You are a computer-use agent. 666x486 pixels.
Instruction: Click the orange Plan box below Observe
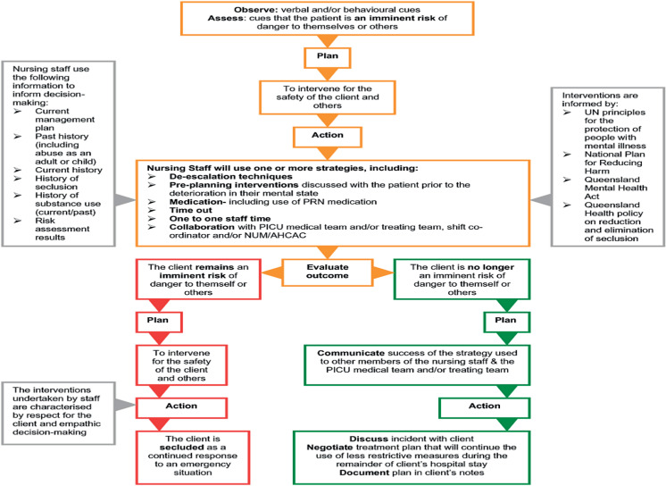[327, 57]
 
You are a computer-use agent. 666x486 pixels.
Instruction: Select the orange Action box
[327, 137]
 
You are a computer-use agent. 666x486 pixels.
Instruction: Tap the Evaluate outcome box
[328, 272]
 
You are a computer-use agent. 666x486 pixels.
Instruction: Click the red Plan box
[159, 322]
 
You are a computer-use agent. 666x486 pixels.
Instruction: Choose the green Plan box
[507, 322]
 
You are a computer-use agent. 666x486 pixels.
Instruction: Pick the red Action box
[181, 407]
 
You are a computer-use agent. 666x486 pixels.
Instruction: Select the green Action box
[484, 407]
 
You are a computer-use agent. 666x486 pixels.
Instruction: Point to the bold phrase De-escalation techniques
[230, 177]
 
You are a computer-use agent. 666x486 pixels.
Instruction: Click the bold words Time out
[191, 210]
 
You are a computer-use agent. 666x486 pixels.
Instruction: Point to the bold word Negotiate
[329, 448]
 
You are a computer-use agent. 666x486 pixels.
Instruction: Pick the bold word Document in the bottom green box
[364, 473]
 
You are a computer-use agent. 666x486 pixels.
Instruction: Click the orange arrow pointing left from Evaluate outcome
[271, 272]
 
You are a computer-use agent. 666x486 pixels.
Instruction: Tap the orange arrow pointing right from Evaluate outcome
[384, 272]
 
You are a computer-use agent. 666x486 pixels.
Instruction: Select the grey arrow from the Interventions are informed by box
[541, 200]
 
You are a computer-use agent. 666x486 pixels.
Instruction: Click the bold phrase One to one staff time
[220, 219]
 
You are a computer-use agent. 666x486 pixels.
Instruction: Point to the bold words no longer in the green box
[491, 267]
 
